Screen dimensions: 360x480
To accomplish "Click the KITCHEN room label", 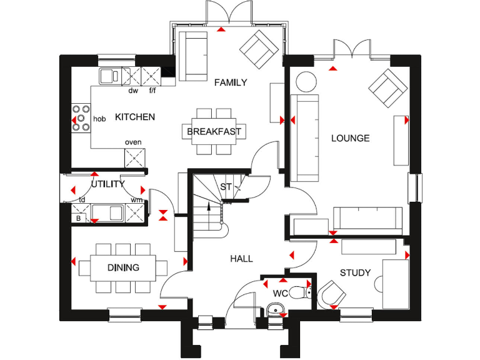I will (135, 117).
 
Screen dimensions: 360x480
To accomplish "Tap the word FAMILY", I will (231, 82).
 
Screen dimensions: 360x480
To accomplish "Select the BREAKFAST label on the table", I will (214, 132).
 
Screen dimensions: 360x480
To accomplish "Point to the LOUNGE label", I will (350, 138).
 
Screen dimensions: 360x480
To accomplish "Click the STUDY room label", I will (355, 273).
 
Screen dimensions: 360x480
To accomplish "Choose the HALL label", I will (241, 258).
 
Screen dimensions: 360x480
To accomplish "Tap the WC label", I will (280, 293).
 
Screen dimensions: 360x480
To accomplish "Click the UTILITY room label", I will (107, 184).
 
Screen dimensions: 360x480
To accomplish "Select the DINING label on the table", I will (123, 267).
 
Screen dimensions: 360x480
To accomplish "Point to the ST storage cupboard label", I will (226, 187).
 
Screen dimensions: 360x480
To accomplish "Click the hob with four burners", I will (81, 117).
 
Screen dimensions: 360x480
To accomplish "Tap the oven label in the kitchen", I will (133, 142).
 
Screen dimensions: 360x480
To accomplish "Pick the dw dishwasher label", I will (133, 91).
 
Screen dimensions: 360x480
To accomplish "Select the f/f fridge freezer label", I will (152, 91).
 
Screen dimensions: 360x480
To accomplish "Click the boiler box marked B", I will (79, 219).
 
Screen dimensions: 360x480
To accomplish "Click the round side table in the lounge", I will (306, 82).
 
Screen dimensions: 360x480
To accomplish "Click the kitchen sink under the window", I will (111, 76).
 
